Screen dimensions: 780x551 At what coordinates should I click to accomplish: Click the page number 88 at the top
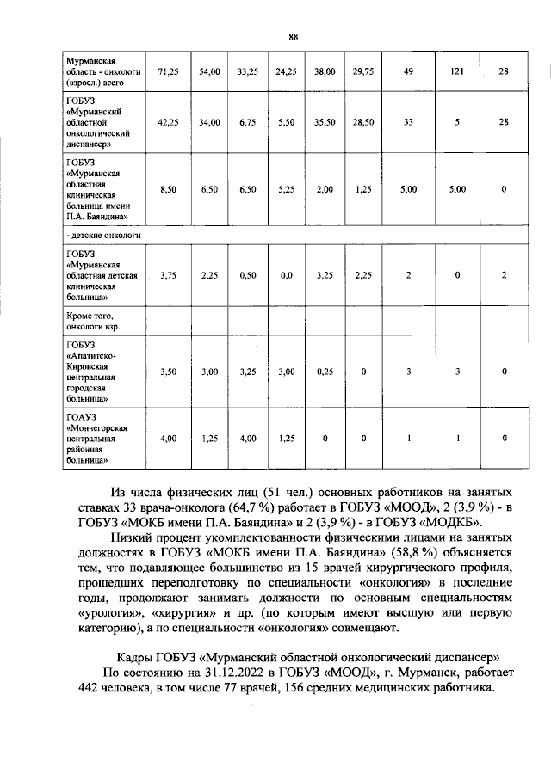(x=293, y=36)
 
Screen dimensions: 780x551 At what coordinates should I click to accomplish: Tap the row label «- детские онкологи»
(x=103, y=234)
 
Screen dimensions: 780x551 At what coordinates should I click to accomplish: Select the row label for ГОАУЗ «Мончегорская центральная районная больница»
(x=99, y=439)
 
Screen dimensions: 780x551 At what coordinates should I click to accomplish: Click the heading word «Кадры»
(x=135, y=657)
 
